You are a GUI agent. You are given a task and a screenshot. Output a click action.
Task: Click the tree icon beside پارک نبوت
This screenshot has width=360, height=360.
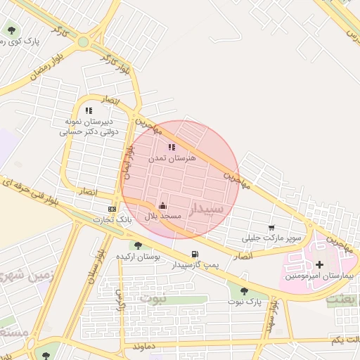[244, 290]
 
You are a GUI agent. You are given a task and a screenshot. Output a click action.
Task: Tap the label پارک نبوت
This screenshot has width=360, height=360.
[243, 302]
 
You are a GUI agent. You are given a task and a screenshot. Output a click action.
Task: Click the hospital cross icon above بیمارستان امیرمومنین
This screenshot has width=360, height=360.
[321, 264]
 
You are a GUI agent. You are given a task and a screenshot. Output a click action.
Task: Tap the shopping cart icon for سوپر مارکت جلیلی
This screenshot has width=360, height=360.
[271, 228]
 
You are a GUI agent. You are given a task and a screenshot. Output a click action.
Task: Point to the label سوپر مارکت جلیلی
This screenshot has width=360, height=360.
[271, 238]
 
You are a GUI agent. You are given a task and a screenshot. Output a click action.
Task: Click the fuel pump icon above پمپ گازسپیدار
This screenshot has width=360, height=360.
[194, 254]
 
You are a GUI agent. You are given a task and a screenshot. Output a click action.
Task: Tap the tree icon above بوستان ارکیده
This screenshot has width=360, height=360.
[138, 245]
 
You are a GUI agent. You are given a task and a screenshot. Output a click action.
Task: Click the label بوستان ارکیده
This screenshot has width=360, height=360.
[139, 257]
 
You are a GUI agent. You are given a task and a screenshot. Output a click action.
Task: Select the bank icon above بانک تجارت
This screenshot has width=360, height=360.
[112, 210]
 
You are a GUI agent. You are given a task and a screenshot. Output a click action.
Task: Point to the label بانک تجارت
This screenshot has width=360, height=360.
[112, 220]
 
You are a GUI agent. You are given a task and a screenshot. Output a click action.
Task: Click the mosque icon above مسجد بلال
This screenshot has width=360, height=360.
[163, 205]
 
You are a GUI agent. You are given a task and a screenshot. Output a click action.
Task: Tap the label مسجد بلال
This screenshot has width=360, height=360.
[163, 216]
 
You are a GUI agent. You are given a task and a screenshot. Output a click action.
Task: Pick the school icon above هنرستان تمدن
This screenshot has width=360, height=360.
[172, 148]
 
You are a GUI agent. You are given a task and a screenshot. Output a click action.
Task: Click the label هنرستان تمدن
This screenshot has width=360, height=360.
[172, 159]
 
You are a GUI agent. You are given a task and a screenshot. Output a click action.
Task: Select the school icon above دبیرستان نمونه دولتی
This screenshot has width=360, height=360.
[89, 110]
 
